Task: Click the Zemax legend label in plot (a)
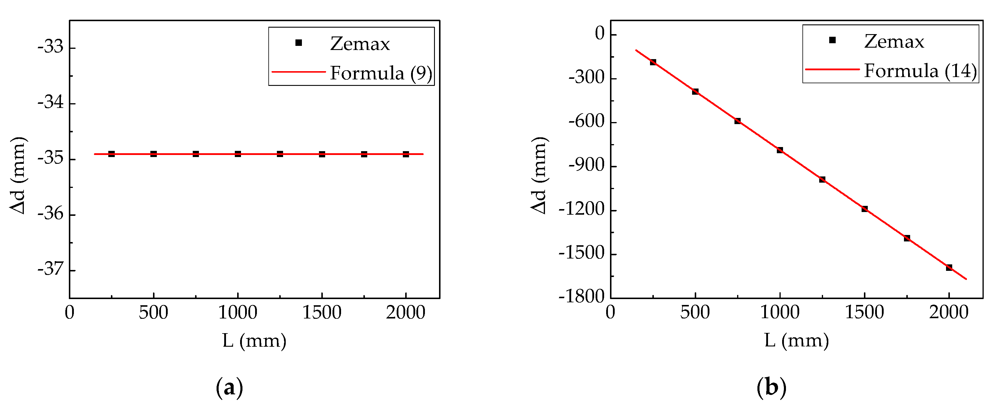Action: tap(360, 44)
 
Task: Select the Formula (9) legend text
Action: tap(381, 73)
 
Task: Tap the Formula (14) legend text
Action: tap(920, 71)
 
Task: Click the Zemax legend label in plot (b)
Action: tap(894, 41)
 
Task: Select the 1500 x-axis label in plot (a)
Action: tap(322, 312)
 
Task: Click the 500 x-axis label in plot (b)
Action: tap(695, 312)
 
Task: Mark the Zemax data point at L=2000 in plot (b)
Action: tap(949, 267)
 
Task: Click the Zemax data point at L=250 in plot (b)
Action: tap(653, 62)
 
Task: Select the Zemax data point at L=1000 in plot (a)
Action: tap(238, 154)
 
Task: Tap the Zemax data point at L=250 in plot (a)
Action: tap(112, 154)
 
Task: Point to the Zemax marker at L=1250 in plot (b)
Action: tap(822, 179)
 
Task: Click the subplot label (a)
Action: tap(229, 387)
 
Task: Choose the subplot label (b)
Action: tap(771, 387)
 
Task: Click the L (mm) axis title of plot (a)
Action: tap(255, 341)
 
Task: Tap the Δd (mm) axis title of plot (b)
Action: tap(539, 175)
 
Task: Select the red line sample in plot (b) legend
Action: tap(832, 69)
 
